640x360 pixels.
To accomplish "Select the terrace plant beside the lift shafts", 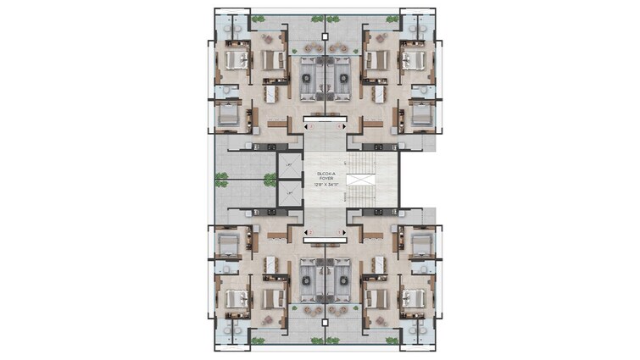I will pyautogui.click(x=270, y=179).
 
